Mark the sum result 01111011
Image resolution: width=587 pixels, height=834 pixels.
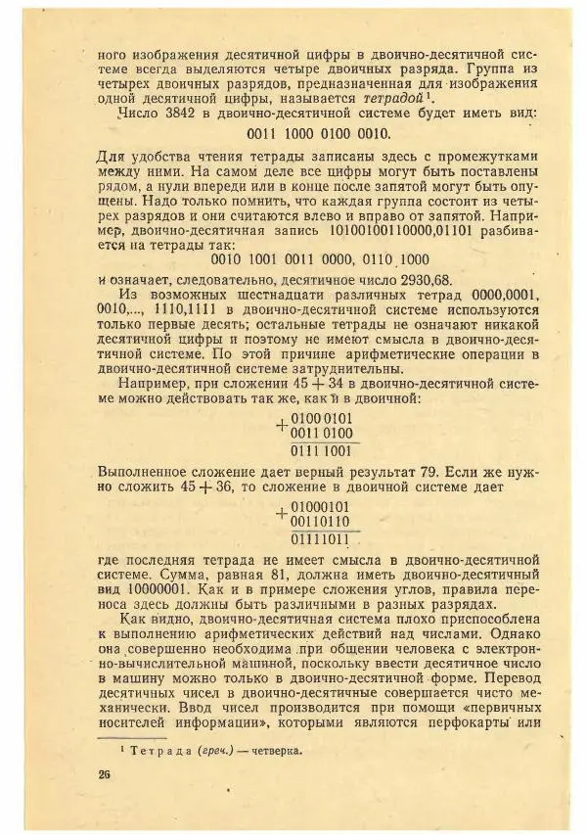[321, 538]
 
